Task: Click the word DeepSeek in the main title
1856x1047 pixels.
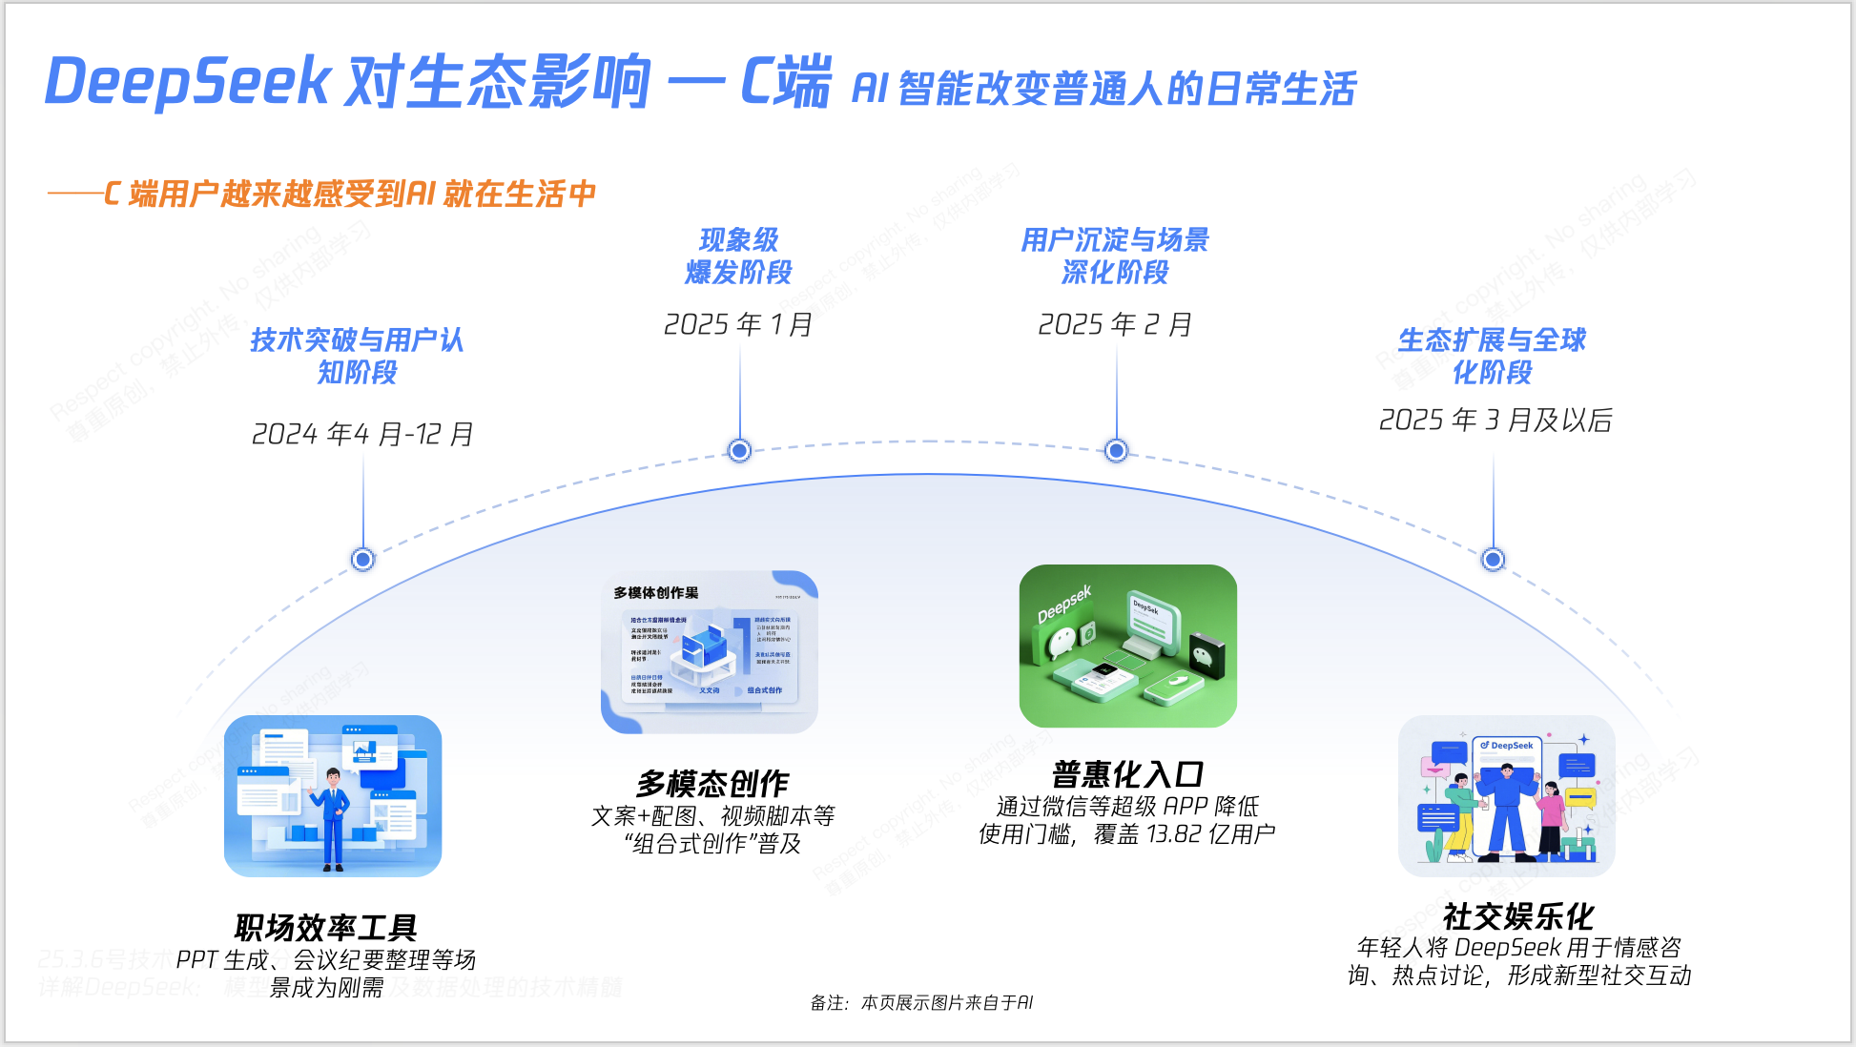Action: click(x=188, y=82)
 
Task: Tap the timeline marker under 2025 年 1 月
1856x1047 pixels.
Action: click(x=739, y=450)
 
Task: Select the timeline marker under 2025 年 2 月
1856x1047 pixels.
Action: click(x=1116, y=450)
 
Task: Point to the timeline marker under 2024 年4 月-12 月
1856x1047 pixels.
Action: click(x=362, y=559)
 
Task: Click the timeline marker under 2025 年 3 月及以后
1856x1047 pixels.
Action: click(x=1493, y=560)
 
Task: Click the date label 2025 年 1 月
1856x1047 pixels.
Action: click(x=738, y=325)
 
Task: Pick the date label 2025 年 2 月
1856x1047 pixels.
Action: click(x=1115, y=325)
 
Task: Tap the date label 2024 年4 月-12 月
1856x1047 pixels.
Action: click(x=362, y=435)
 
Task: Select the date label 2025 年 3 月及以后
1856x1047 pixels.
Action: click(x=1495, y=421)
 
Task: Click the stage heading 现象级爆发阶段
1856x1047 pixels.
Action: click(x=738, y=256)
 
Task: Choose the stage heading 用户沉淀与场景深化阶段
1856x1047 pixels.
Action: click(x=1115, y=256)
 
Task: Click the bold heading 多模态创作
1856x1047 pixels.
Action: click(x=712, y=784)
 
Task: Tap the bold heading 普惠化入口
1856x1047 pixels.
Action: click(x=1127, y=774)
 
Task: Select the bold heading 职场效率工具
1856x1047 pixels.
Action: click(x=326, y=927)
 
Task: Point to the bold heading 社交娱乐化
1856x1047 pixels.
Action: click(x=1518, y=916)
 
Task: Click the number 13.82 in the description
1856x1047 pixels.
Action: click(x=1174, y=834)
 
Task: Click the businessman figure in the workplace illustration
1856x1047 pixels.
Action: click(x=333, y=818)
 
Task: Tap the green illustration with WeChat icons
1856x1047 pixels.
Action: click(x=1127, y=646)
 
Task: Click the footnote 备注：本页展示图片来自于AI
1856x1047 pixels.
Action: click(x=921, y=1002)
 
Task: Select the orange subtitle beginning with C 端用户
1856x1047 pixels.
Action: click(x=349, y=195)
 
